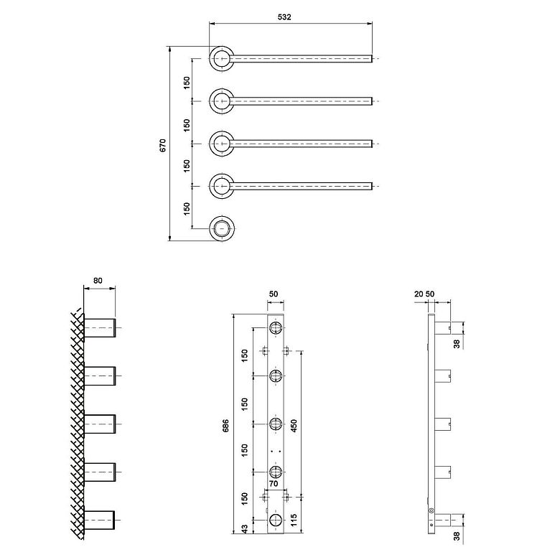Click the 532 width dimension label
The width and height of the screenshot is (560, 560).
tap(284, 17)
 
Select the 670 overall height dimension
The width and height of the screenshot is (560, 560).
tap(163, 145)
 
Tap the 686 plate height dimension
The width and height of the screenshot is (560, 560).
tap(225, 426)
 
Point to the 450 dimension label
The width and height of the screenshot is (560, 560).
tap(294, 426)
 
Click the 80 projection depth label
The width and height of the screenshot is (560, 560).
tap(98, 281)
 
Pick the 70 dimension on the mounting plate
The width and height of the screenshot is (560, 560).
tap(274, 484)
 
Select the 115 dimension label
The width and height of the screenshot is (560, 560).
tap(294, 521)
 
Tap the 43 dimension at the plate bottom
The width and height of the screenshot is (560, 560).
tap(245, 528)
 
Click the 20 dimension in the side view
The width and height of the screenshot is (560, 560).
tap(419, 294)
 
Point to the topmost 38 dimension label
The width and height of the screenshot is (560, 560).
tap(457, 344)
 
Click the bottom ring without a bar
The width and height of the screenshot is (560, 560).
tap(222, 228)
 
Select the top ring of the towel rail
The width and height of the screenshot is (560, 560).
tap(222, 59)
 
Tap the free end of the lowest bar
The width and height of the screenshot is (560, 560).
tap(372, 186)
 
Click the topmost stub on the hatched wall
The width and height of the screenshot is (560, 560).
tap(100, 327)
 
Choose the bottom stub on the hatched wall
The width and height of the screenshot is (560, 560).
tap(99, 520)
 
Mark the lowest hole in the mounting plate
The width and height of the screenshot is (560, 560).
tap(276, 520)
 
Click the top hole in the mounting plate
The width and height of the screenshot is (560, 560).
tap(276, 327)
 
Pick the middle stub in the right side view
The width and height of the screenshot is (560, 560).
tap(442, 424)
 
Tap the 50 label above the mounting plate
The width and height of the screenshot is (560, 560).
tap(274, 294)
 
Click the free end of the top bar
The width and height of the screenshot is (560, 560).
tap(372, 59)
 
